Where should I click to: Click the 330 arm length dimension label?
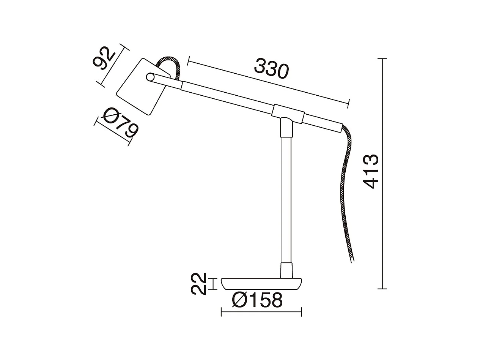[272, 68]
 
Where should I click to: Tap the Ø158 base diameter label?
[257, 300]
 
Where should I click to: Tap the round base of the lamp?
[261, 283]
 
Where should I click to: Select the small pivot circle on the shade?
[150, 77]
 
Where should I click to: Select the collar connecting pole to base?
[286, 270]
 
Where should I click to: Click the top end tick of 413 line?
[382, 59]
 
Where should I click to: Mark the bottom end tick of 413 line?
[382, 289]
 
